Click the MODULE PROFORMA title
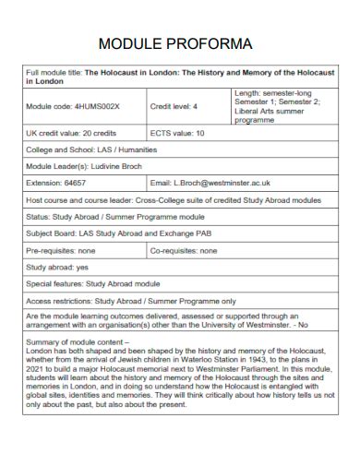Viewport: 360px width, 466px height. [x=181, y=43]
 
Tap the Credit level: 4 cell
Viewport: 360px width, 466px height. [x=174, y=105]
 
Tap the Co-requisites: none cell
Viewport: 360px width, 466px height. [x=184, y=249]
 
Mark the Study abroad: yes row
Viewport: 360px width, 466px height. [x=57, y=266]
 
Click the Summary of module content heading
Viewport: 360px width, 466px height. [x=87, y=341]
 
